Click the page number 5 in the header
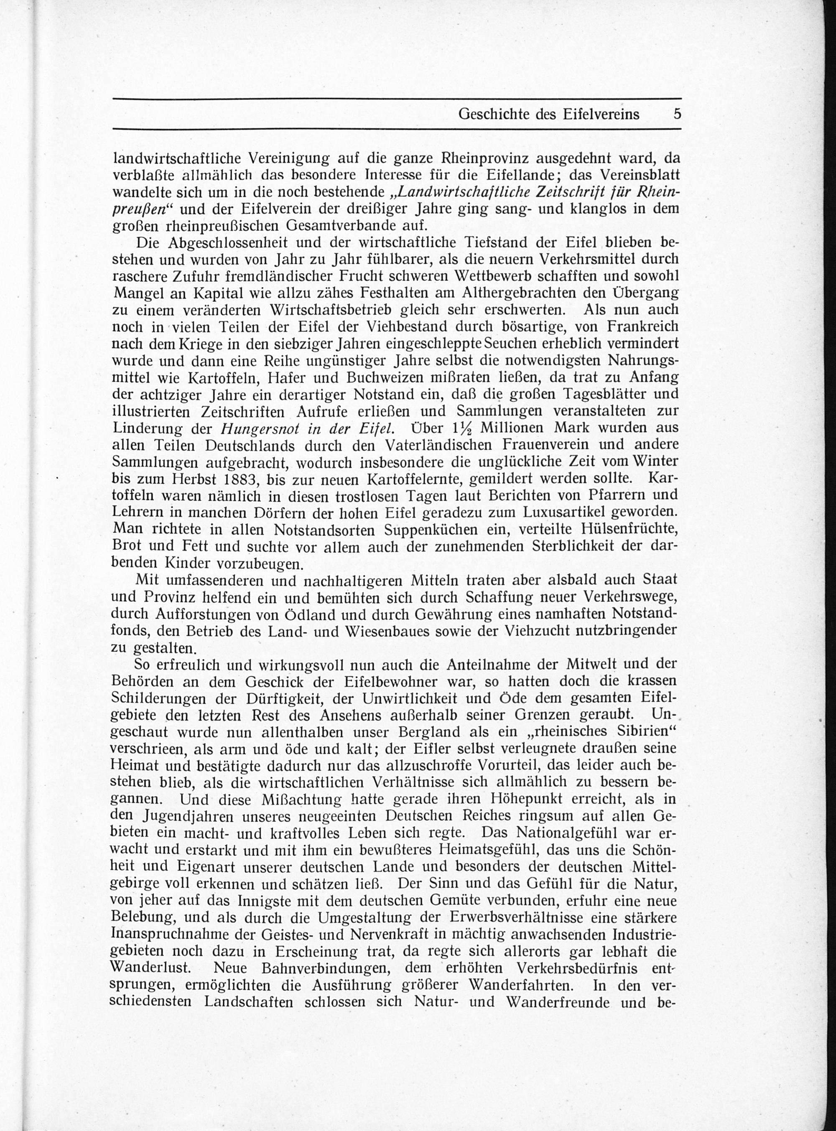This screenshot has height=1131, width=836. point(677,114)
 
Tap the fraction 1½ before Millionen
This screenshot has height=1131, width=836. point(460,428)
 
